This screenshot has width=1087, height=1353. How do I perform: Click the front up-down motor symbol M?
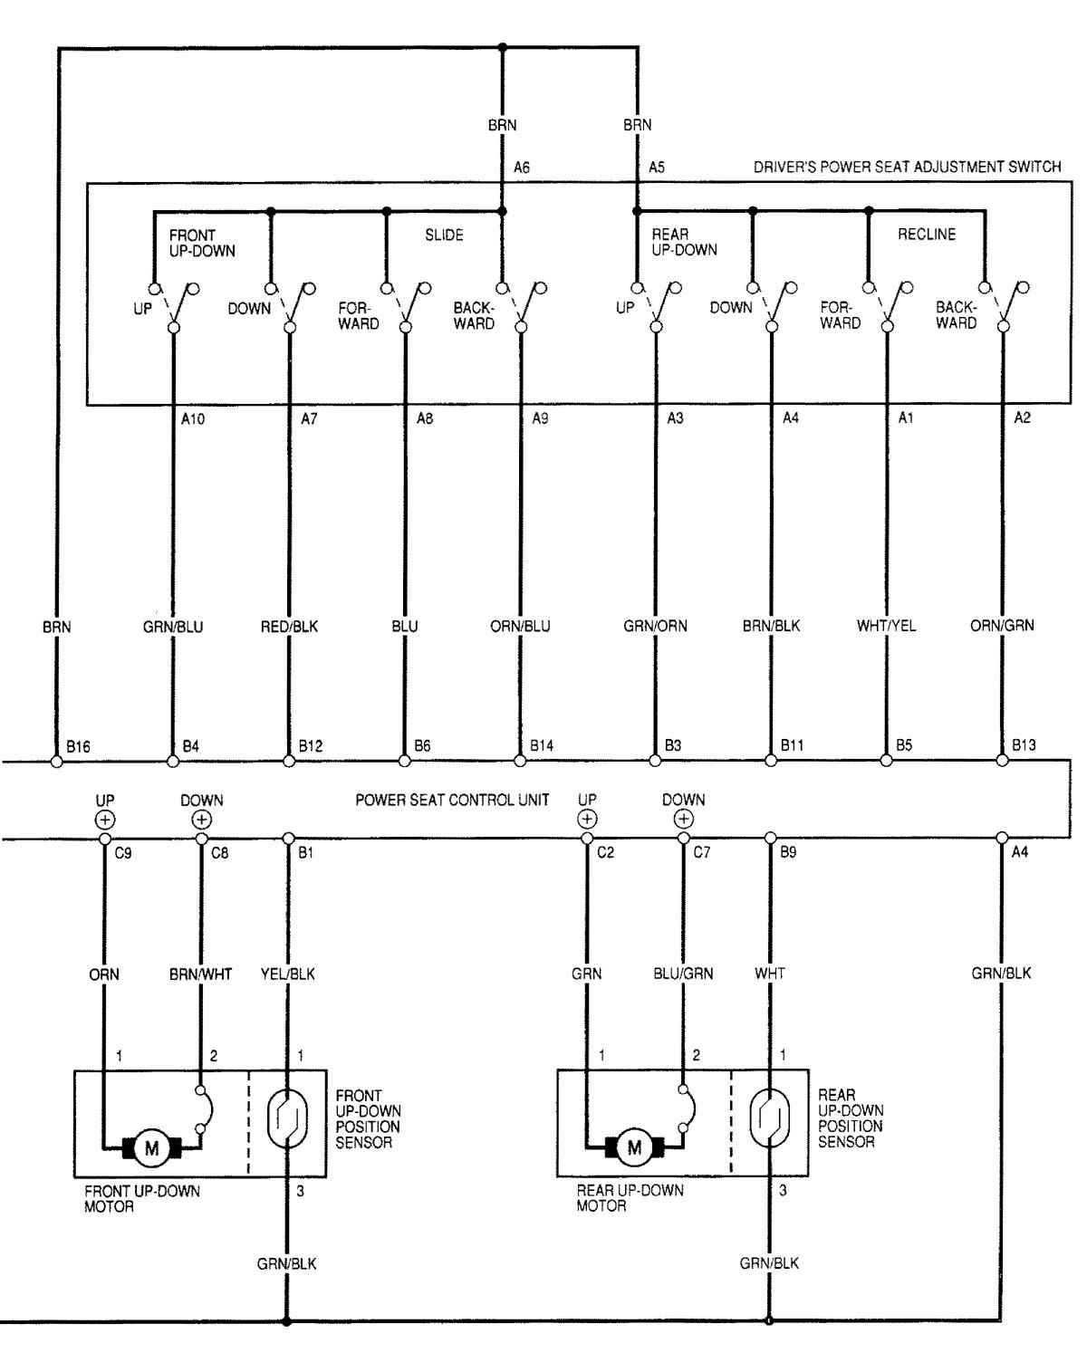[x=152, y=1148]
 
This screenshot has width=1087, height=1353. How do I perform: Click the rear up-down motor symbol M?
[x=634, y=1148]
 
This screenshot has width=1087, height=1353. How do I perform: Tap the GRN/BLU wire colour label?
[x=173, y=627]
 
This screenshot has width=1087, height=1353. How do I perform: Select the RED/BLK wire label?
[x=289, y=627]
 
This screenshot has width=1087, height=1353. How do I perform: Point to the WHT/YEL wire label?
[x=886, y=626]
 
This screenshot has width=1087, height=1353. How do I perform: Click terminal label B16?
[x=78, y=746]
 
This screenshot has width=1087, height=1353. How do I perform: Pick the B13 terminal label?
[x=1024, y=745]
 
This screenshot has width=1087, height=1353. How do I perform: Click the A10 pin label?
[x=192, y=418]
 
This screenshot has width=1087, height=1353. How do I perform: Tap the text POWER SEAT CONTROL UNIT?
[x=452, y=800]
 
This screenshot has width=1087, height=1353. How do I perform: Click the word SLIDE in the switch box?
[x=444, y=235]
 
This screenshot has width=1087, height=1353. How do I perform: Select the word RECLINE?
[x=927, y=235]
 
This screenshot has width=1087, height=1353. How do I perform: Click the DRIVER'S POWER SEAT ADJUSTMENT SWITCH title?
[x=907, y=167]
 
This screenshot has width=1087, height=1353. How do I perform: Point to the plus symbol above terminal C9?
[x=105, y=820]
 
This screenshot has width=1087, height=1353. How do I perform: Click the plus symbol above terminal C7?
[x=684, y=819]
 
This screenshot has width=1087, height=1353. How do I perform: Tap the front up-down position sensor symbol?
[x=287, y=1118]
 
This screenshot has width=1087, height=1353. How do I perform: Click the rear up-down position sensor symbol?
[x=769, y=1118]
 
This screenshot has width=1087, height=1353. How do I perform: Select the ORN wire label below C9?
[x=104, y=974]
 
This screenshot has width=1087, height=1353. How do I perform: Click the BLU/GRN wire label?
[x=683, y=974]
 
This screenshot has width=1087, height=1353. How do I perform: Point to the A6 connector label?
[x=522, y=168]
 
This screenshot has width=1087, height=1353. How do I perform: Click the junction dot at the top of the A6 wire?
[x=502, y=47]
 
